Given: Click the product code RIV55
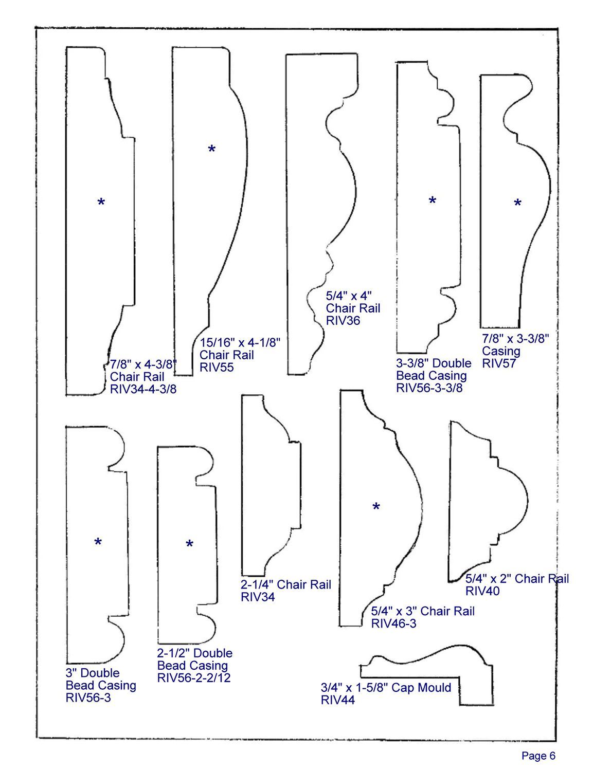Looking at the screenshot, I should pos(216,368).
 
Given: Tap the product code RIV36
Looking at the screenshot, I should pos(343,321).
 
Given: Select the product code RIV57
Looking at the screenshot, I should pos(498,363).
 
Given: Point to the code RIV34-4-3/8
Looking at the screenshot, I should pos(143,389).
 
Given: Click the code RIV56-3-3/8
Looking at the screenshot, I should pos(429,388).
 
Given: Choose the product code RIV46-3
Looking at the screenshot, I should pos(393,623).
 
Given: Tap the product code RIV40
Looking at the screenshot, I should pos(482,591).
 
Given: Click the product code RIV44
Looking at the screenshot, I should pos(337,700).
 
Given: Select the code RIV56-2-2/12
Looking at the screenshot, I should pos(193,678).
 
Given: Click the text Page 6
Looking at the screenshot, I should pos(538,756).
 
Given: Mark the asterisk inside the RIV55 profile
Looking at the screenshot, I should pos(211,150).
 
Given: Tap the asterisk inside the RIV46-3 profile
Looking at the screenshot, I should pos(376,508).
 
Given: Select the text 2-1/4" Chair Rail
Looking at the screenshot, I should pos(285,584).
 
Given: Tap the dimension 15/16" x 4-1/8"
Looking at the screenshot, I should pos(240,343).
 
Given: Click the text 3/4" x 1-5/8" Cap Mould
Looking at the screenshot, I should pos(386,688).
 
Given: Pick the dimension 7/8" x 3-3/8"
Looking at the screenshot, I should pos(515,339).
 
